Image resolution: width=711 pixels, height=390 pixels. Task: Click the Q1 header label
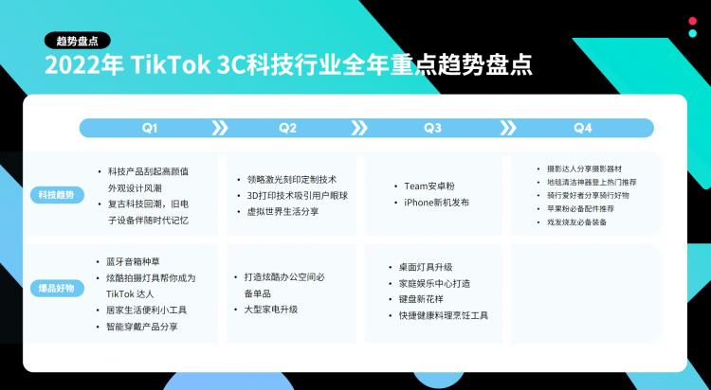(150, 128)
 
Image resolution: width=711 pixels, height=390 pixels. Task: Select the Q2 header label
(287, 128)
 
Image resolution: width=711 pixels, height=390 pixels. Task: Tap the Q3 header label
(432, 128)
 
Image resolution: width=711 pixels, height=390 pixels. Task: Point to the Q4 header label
(583, 128)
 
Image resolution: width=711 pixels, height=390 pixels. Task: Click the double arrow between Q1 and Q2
(220, 128)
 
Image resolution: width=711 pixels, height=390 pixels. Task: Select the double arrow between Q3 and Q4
(508, 128)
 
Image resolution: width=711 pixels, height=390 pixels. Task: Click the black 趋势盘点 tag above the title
(78, 41)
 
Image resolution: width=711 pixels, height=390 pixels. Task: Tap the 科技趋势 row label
(57, 195)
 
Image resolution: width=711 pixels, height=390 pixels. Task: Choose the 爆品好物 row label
(57, 289)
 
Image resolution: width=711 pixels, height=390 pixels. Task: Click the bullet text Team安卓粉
(429, 186)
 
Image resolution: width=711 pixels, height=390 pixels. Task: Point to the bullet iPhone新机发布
(437, 203)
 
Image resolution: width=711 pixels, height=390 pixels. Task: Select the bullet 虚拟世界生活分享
(283, 211)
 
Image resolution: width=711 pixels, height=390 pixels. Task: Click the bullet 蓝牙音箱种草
(133, 261)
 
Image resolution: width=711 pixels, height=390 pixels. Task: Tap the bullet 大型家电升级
(271, 310)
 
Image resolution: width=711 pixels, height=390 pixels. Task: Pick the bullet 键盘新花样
(422, 299)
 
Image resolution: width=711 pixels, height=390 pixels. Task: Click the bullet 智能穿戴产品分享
(142, 327)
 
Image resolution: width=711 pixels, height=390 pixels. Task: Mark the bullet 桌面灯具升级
(426, 267)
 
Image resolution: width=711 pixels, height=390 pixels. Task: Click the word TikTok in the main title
(171, 65)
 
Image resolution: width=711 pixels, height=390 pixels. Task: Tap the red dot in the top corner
(692, 21)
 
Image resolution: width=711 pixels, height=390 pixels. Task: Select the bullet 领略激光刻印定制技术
(292, 179)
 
